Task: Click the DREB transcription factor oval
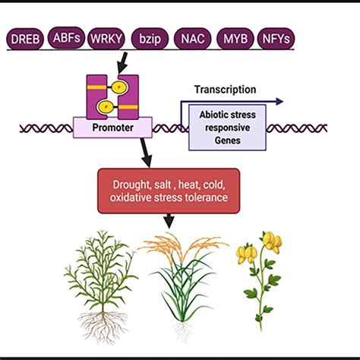click(x=26, y=38)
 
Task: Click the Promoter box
click(x=112, y=128)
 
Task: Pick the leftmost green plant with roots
click(x=99, y=273)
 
